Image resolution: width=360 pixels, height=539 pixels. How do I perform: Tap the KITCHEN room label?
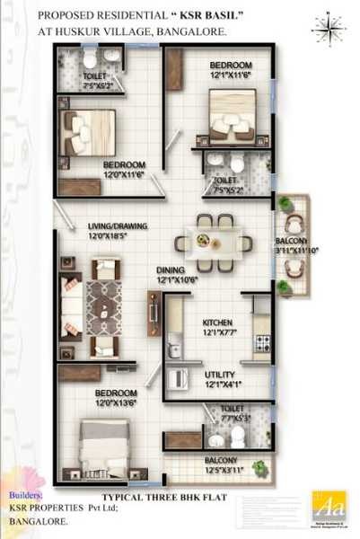[218, 323]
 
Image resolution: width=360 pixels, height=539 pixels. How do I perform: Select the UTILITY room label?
[218, 375]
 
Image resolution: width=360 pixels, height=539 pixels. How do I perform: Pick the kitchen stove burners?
[263, 341]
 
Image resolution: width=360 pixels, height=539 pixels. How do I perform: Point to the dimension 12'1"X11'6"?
[231, 76]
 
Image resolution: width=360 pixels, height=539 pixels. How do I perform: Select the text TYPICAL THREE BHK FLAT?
[159, 495]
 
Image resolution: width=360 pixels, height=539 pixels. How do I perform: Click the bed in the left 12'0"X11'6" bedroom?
[87, 133]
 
